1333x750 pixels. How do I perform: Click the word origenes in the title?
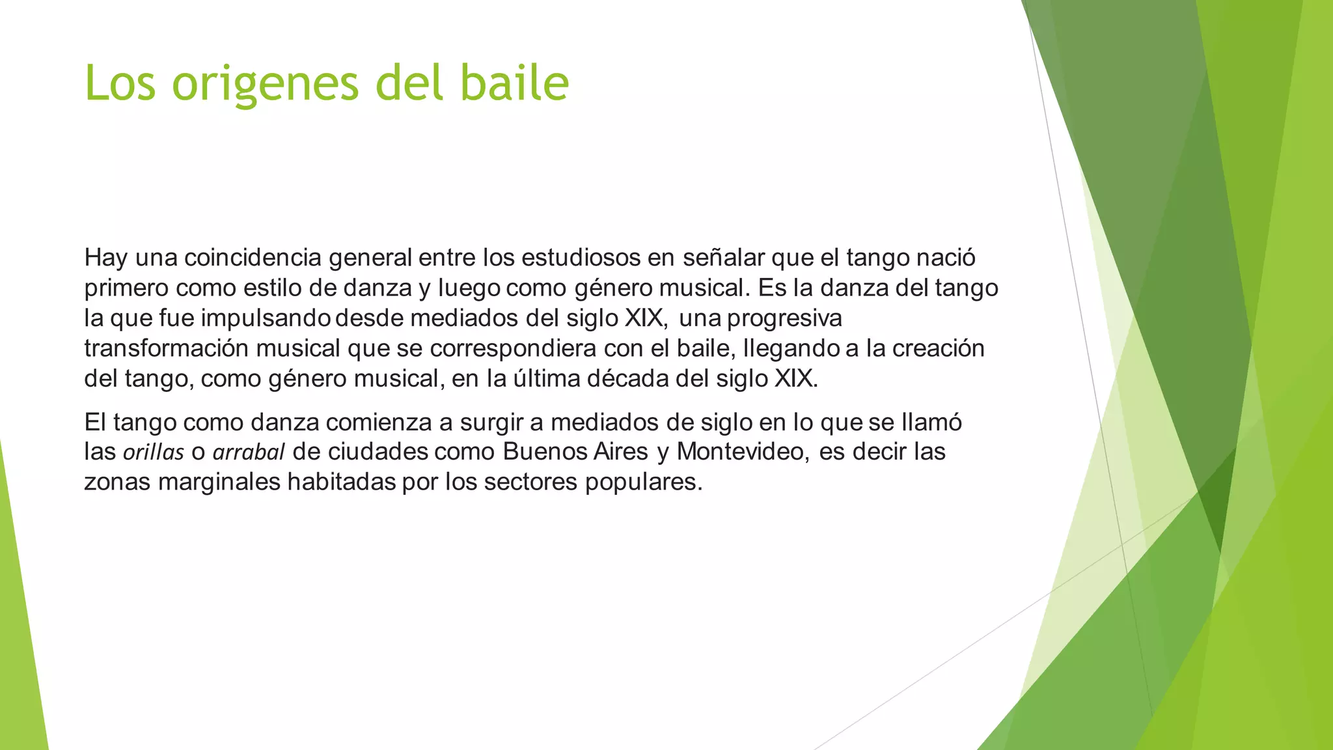click(266, 84)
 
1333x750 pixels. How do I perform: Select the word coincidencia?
click(253, 258)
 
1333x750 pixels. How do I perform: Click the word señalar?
click(723, 258)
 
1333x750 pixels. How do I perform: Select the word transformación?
click(166, 348)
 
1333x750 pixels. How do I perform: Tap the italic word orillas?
click(154, 452)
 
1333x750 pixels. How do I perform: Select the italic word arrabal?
click(249, 452)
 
